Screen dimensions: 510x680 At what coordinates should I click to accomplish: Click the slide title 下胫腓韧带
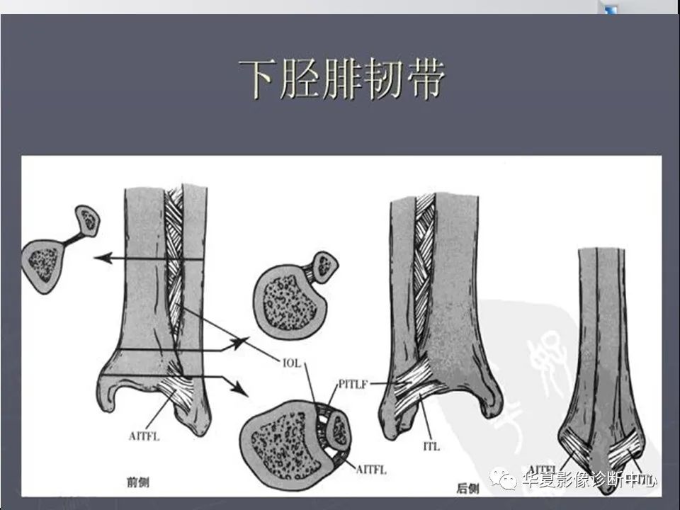341,79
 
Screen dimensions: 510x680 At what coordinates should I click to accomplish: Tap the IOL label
290,363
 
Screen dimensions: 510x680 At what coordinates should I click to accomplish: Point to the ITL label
431,447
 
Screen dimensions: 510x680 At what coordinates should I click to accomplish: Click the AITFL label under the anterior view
145,436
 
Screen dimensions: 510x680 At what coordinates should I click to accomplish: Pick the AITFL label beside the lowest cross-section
369,468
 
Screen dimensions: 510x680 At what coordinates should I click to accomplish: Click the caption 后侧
468,487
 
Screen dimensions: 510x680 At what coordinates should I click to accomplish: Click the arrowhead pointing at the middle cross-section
242,342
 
